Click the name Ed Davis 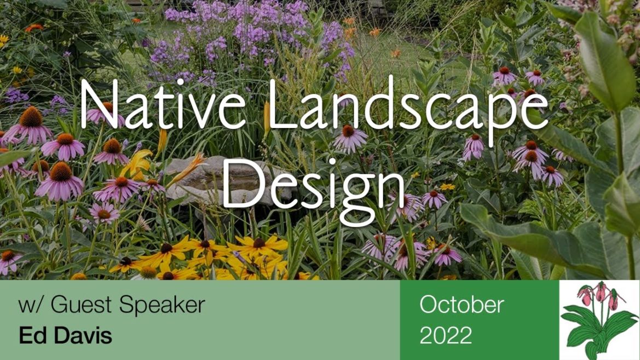click(x=65, y=335)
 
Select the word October click(x=461, y=305)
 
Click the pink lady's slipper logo click(x=599, y=320)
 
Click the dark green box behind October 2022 click(x=525, y=320)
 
